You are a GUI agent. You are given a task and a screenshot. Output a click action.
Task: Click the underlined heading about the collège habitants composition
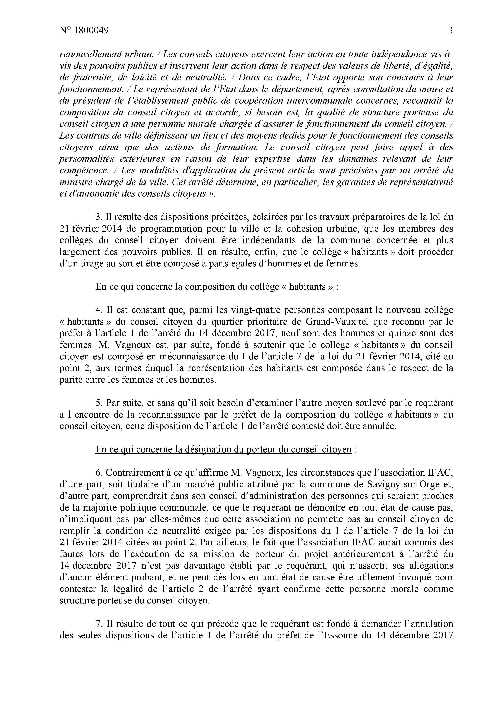tap(214, 287)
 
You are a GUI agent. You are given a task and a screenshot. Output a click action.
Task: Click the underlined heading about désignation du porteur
tap(223, 450)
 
